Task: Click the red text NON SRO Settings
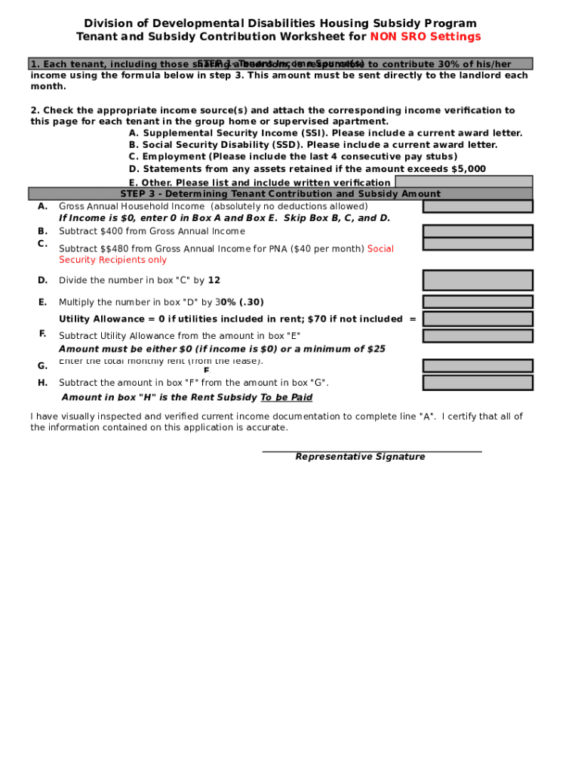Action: [425, 37]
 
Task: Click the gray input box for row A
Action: [478, 206]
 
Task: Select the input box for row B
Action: [478, 231]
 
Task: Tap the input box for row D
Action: [478, 280]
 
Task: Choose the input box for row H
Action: [478, 383]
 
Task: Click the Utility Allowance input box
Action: [478, 319]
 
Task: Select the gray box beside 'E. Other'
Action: [463, 181]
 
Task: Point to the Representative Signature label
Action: [360, 457]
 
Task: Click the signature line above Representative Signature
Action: [371, 451]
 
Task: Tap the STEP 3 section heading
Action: [280, 194]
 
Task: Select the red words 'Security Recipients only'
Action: [113, 260]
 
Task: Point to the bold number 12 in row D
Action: [214, 280]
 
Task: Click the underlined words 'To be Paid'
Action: [286, 397]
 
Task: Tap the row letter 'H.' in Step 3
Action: [43, 383]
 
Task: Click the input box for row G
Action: [478, 366]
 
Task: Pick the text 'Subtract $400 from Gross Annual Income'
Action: [152, 231]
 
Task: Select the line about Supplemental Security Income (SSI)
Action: [325, 133]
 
